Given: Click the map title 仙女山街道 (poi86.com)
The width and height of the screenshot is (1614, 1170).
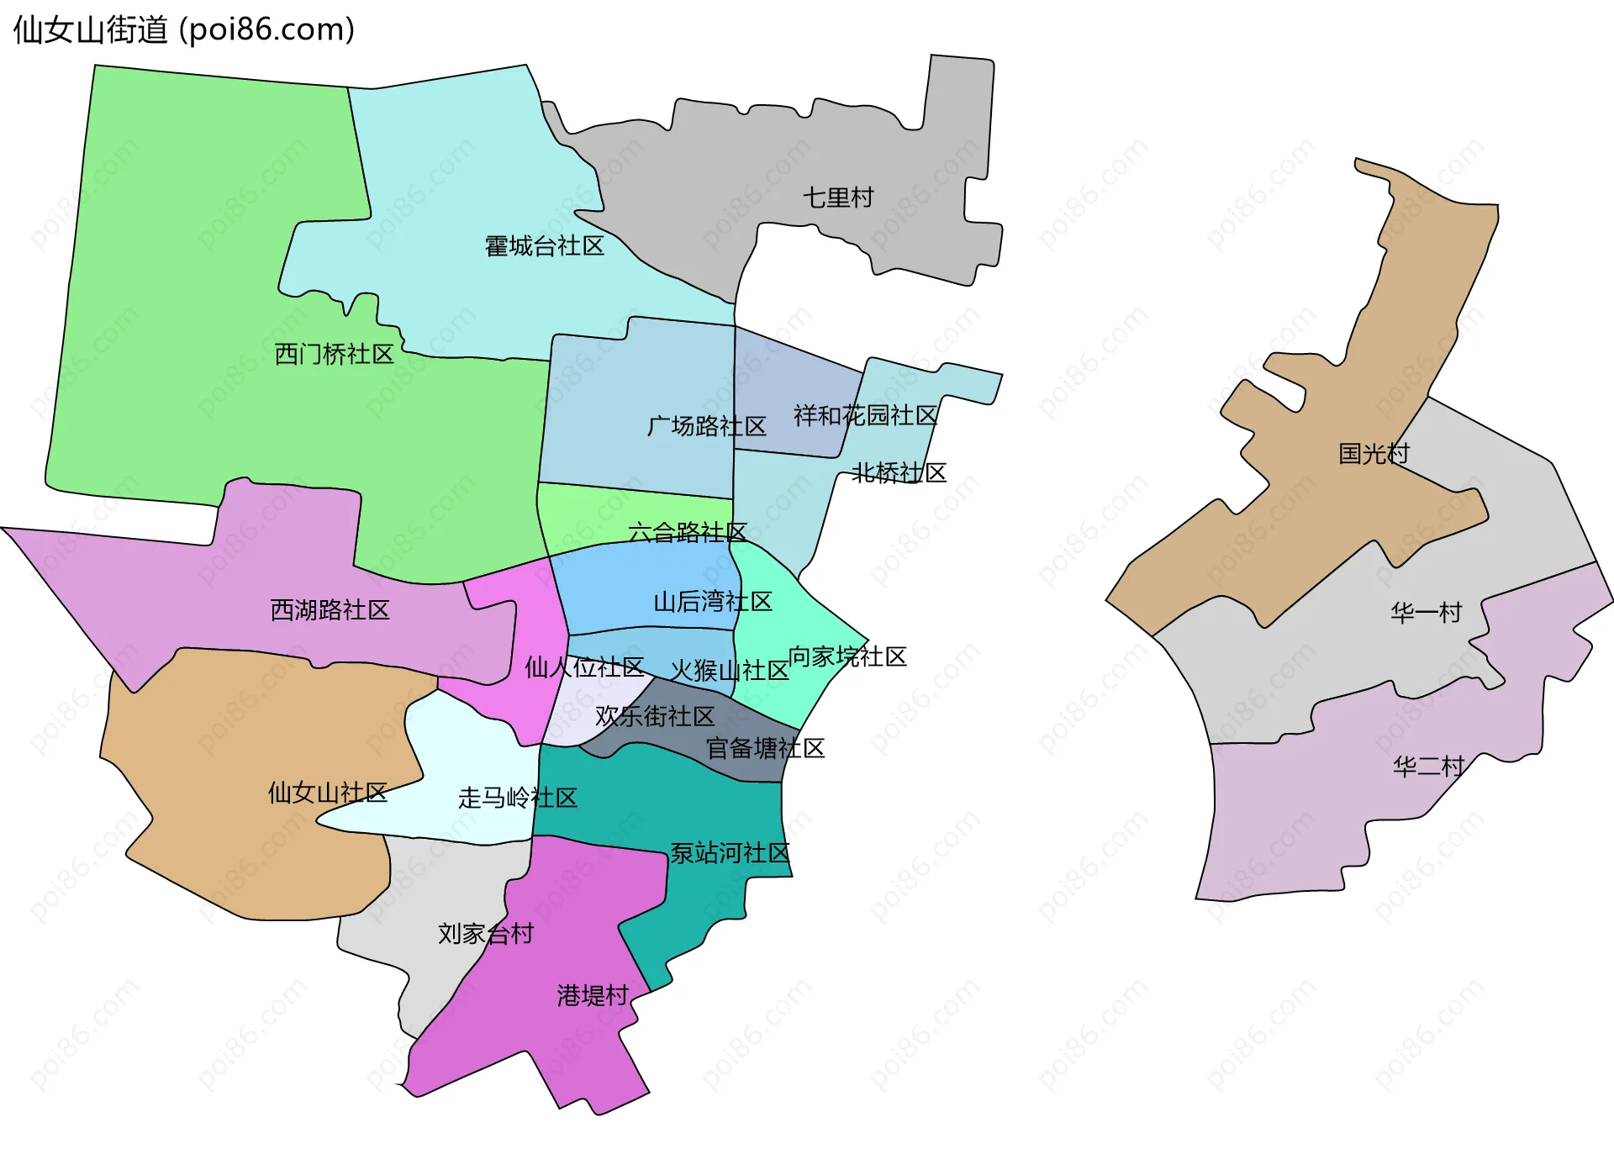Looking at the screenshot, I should click(x=183, y=29).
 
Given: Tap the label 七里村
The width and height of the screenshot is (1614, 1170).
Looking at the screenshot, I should click(x=837, y=198).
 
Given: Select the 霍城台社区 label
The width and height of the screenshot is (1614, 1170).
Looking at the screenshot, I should click(x=544, y=246).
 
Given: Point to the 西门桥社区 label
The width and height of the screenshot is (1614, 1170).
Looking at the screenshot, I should click(x=334, y=354).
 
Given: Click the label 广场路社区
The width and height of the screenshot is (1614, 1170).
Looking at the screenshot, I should click(x=706, y=426).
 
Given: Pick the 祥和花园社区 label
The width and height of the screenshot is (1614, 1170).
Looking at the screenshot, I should click(x=865, y=415).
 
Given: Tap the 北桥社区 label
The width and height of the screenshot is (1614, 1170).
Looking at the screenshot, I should click(x=899, y=472).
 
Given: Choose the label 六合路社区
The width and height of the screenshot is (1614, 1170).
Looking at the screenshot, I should click(x=687, y=532).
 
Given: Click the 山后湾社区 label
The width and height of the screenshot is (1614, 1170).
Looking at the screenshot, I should click(x=712, y=601).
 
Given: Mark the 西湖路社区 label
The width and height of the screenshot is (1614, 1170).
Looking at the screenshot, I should click(x=330, y=609).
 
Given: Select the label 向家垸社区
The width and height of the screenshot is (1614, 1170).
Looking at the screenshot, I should click(x=847, y=656).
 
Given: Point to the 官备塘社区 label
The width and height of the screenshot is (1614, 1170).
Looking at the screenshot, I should click(x=765, y=747).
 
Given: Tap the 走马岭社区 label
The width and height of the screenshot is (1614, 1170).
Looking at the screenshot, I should click(x=517, y=797).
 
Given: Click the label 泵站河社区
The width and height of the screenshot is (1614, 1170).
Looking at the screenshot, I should click(x=730, y=852).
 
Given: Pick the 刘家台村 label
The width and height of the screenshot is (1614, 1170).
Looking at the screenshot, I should click(x=485, y=933).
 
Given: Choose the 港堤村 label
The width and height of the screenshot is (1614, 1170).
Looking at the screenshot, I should click(x=593, y=995).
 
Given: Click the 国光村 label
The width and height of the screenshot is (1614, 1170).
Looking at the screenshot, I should click(x=1373, y=454).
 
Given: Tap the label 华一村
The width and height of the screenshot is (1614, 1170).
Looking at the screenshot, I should click(x=1426, y=612).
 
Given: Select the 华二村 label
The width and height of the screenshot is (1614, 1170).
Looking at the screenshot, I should click(x=1428, y=766).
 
